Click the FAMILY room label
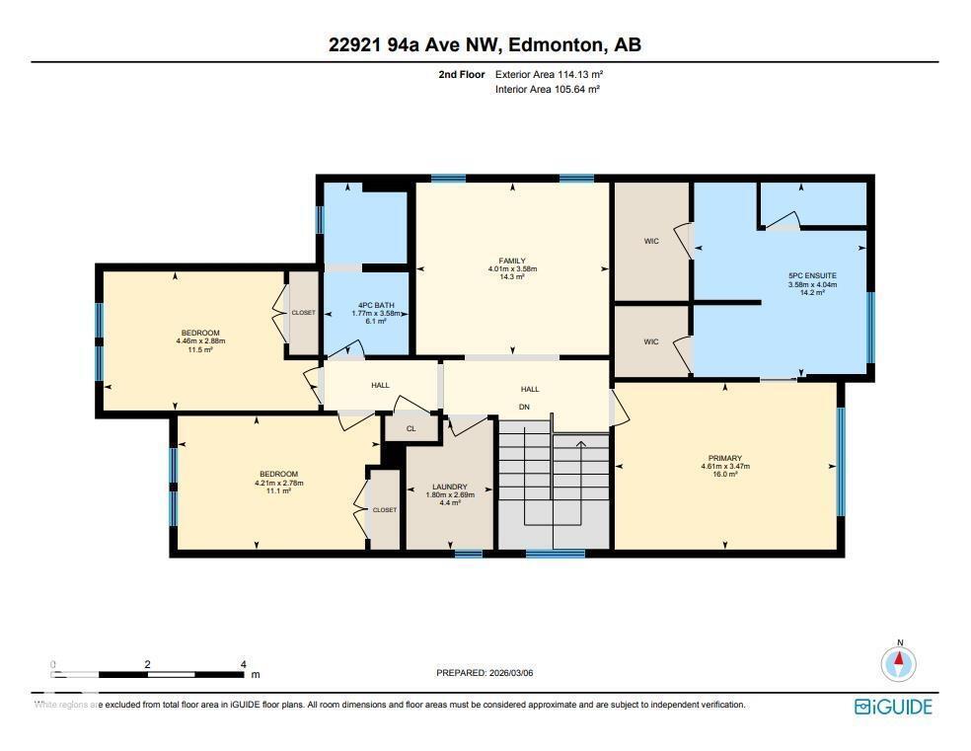[x=512, y=261]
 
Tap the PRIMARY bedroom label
[x=725, y=458]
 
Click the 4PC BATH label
[x=373, y=306]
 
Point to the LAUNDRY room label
[x=449, y=488]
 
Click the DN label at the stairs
[x=525, y=406]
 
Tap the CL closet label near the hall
[x=411, y=428]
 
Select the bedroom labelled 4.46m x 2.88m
[x=200, y=341]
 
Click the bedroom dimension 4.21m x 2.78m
[x=278, y=483]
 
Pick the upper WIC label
[x=650, y=241]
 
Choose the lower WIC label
[x=650, y=341]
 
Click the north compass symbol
[x=899, y=662]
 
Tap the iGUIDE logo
[x=892, y=707]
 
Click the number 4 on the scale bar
[x=242, y=664]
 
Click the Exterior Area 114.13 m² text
[x=548, y=74]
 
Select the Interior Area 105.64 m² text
[x=548, y=89]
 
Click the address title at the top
[x=485, y=44]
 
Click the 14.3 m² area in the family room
[x=512, y=277]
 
